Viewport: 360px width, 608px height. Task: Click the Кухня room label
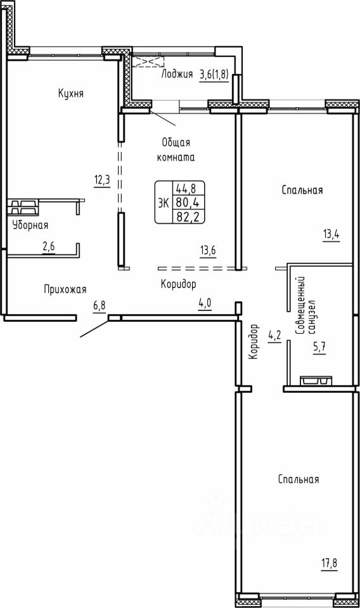point(71,94)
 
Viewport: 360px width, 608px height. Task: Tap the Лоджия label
point(177,74)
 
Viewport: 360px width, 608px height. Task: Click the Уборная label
point(30,225)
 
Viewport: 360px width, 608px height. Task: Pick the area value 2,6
point(49,248)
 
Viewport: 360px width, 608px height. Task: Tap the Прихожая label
point(65,289)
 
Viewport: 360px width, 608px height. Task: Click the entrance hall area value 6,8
point(99,306)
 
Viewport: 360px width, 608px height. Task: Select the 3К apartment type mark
point(164,203)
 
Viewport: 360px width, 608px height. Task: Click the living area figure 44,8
point(185,189)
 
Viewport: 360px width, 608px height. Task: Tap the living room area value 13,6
point(207,251)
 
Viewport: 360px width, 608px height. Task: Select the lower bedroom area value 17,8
point(330,562)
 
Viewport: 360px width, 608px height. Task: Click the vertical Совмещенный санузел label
point(305,305)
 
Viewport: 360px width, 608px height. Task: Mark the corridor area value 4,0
point(205,303)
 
